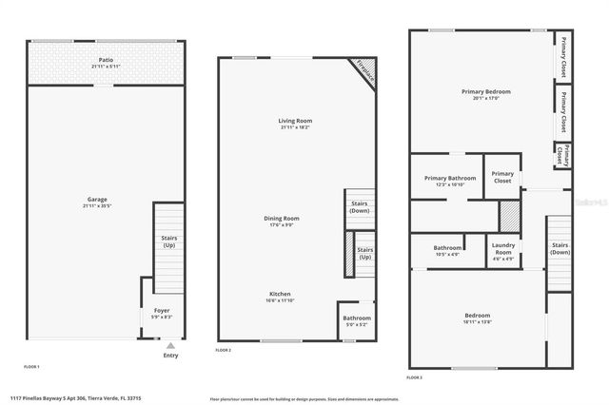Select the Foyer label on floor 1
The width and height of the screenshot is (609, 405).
[x=162, y=313]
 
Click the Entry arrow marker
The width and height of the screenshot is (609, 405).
[x=170, y=346]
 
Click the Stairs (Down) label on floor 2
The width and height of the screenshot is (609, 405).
[x=360, y=206]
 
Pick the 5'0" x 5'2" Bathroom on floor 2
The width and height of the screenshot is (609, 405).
[x=357, y=321]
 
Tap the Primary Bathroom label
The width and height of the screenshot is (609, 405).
[x=450, y=181]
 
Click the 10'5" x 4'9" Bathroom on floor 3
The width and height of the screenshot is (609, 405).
[x=446, y=250]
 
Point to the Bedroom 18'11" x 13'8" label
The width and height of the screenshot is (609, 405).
[x=478, y=318]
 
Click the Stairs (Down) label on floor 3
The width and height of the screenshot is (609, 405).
[x=560, y=248]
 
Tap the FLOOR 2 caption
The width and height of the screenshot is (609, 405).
[x=224, y=351]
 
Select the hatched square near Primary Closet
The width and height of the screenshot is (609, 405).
[x=511, y=214]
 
